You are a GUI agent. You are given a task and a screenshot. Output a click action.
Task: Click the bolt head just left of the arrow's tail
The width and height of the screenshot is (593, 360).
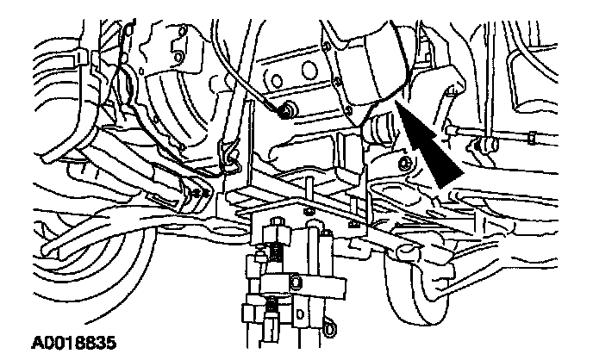tap(403, 163)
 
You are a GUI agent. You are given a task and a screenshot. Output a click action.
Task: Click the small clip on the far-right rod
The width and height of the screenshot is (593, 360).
tap(534, 136)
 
